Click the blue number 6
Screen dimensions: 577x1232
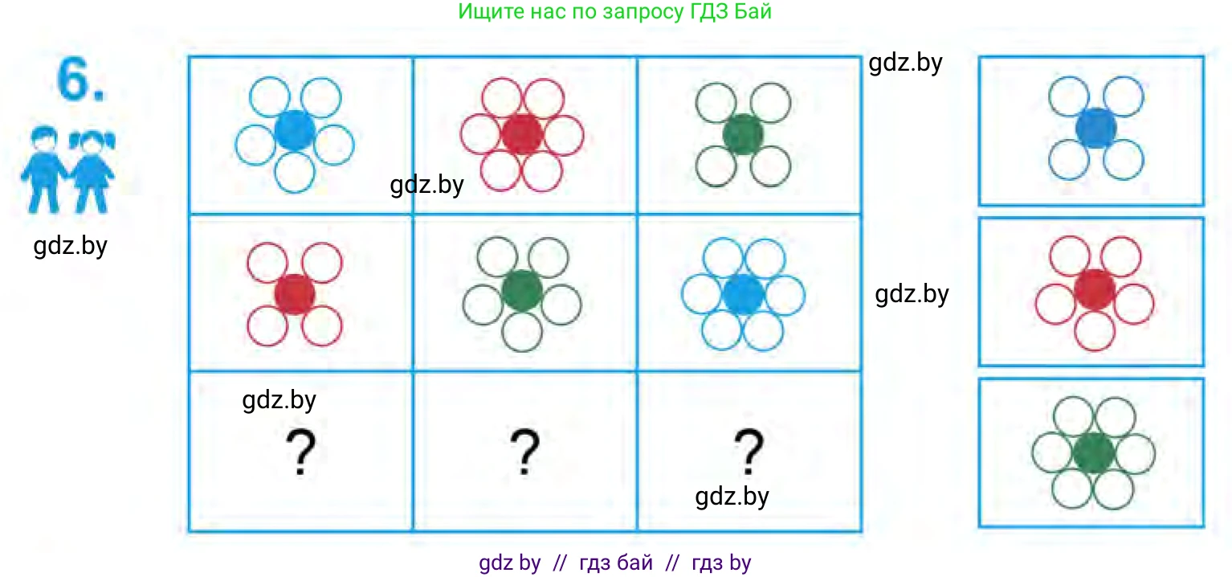click(x=79, y=80)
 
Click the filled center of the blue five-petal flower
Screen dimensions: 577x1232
click(x=294, y=130)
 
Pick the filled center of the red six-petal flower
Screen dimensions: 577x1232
click(x=522, y=133)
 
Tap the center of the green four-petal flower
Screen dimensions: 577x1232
click(x=743, y=133)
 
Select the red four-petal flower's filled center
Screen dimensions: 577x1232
click(x=295, y=293)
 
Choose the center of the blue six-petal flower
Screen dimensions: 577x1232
click(x=743, y=293)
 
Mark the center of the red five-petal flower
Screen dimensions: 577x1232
click(x=1094, y=289)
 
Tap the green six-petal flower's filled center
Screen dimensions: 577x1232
click(x=1092, y=452)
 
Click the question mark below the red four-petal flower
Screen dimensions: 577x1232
click(x=299, y=453)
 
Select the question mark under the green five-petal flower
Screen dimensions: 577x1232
click(x=524, y=453)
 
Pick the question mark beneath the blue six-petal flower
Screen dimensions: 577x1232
click(x=749, y=452)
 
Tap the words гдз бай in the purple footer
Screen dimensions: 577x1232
click(x=616, y=563)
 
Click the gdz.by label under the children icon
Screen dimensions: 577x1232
click(x=71, y=246)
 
